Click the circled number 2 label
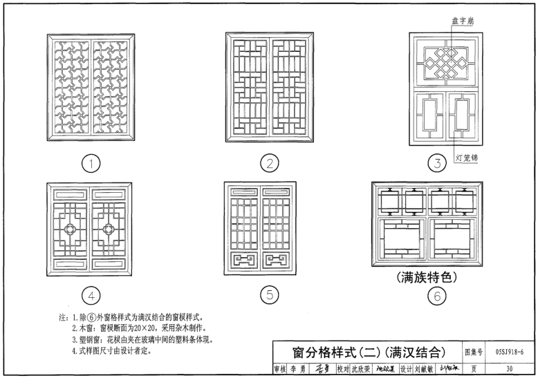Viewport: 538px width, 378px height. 268,164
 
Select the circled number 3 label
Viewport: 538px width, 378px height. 436,164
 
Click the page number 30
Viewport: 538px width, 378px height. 509,369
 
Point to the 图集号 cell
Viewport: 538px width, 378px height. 473,352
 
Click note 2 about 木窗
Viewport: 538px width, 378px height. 138,328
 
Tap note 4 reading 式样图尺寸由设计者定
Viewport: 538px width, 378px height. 111,351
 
